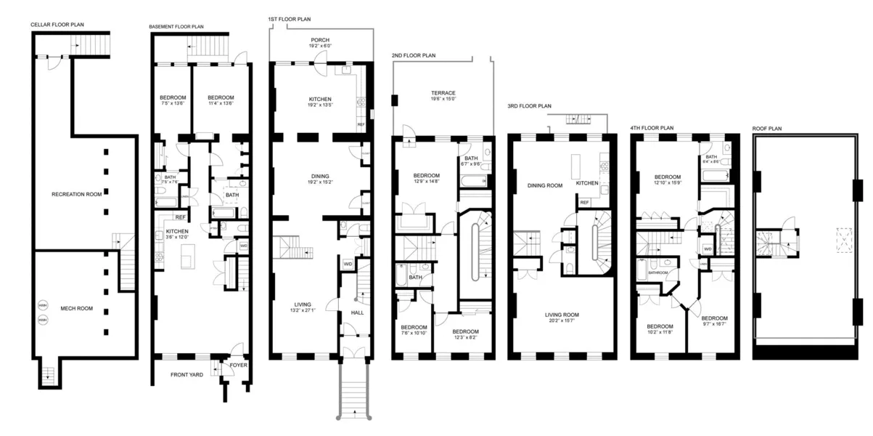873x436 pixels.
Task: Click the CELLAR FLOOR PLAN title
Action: click(57, 25)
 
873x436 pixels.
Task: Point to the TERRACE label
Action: click(443, 93)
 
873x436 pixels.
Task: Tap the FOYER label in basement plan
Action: click(238, 366)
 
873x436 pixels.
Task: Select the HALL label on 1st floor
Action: click(357, 312)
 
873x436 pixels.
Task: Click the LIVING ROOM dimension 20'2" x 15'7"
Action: click(566, 321)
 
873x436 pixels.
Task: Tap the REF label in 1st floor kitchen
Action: click(361, 124)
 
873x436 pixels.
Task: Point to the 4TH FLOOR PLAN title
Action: click(652, 127)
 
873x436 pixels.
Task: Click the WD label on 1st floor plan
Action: click(348, 264)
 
